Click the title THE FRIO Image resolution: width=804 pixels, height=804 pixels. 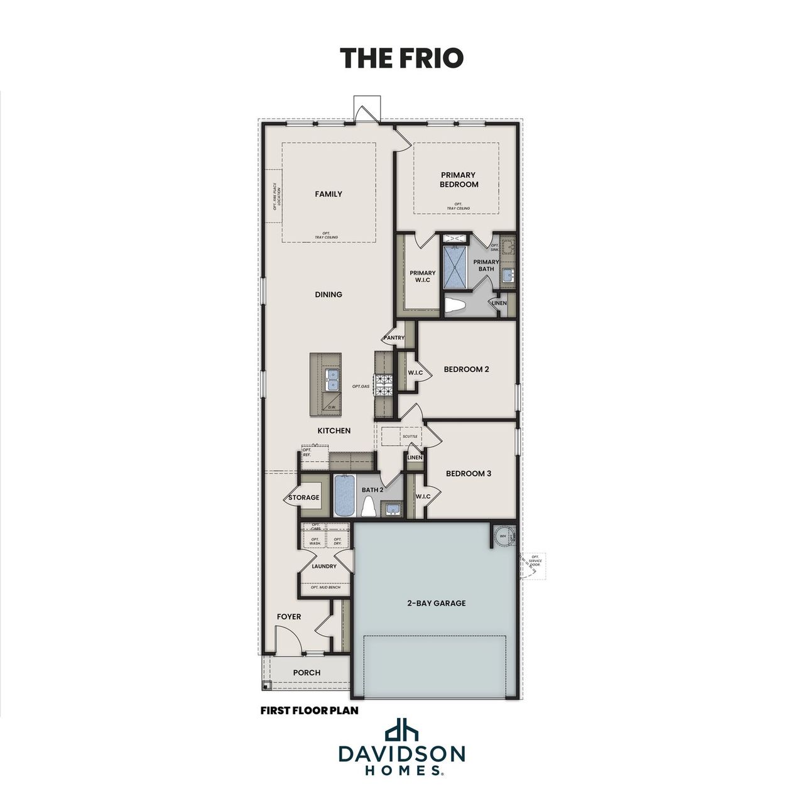[401, 57]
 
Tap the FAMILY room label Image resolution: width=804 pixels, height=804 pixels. [329, 194]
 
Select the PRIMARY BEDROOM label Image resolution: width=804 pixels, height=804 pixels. [459, 180]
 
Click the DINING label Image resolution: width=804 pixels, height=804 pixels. [329, 294]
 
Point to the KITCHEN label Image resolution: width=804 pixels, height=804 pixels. [334, 430]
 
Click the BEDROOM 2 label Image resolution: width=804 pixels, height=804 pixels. [466, 369]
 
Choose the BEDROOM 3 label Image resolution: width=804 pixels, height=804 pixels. [469, 474]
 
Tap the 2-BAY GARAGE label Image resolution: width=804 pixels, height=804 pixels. [436, 603]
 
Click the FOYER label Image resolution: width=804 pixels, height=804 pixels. [289, 617]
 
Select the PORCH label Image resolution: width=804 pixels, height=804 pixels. [307, 672]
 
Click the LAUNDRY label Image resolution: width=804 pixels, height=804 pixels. [324, 566]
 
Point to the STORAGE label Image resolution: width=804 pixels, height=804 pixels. [304, 497]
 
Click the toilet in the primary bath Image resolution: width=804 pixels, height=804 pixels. [454, 306]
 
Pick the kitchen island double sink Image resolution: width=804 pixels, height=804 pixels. [332, 379]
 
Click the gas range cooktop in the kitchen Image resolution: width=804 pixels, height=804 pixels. [384, 384]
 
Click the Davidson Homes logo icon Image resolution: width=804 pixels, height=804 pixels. [401, 731]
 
